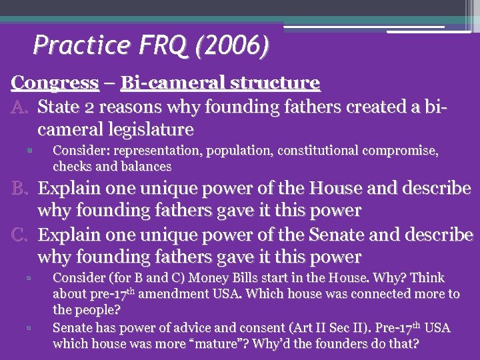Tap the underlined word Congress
[x=55, y=83]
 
